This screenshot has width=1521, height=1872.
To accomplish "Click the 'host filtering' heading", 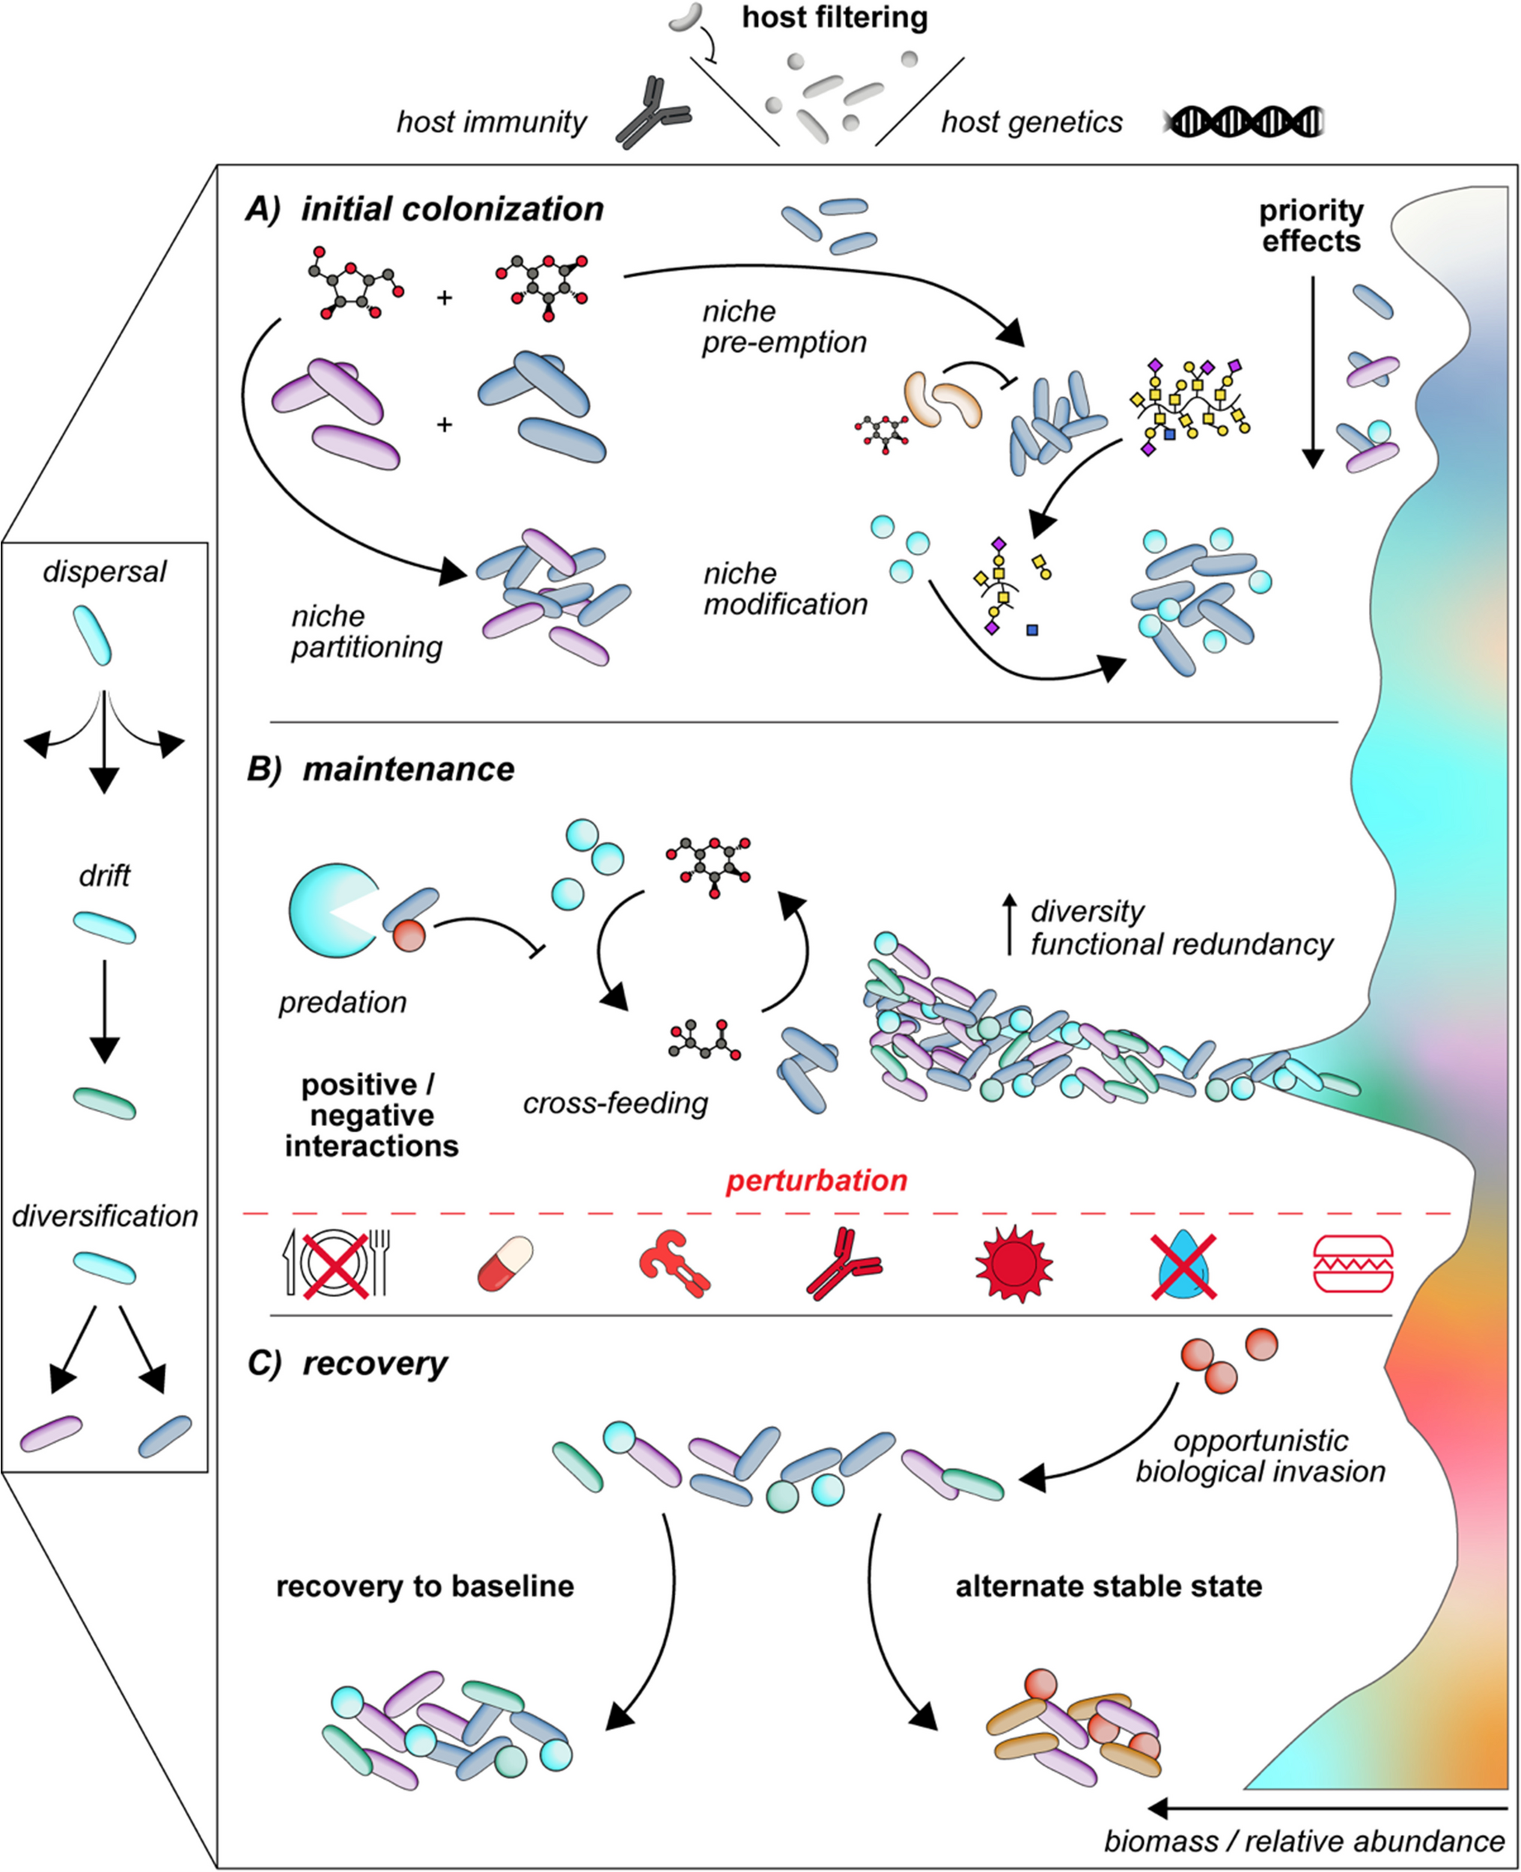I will [834, 17].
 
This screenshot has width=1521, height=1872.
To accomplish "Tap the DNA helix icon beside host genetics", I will [1243, 122].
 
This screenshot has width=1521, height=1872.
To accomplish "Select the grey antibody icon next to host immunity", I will [653, 112].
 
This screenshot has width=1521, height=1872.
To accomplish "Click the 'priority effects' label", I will [1311, 226].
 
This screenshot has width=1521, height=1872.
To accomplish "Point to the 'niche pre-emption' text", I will [784, 327].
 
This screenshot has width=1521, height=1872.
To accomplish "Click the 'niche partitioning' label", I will [366, 632].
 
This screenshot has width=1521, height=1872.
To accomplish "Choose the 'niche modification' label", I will [785, 589].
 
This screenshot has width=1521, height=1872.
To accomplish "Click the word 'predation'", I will [343, 1003].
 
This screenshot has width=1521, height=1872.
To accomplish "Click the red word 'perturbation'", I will [817, 1181].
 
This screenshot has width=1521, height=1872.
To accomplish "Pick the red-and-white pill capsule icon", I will [505, 1264].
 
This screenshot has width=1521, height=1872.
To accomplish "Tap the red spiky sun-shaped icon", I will [1014, 1264].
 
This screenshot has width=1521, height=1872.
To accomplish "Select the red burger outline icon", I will [1353, 1264].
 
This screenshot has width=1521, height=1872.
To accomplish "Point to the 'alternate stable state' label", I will [1109, 1586].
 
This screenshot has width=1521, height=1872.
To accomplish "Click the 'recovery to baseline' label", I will [425, 1586].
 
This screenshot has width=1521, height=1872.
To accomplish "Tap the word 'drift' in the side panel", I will [104, 875].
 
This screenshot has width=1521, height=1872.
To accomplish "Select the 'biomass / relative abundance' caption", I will [1304, 1841].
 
